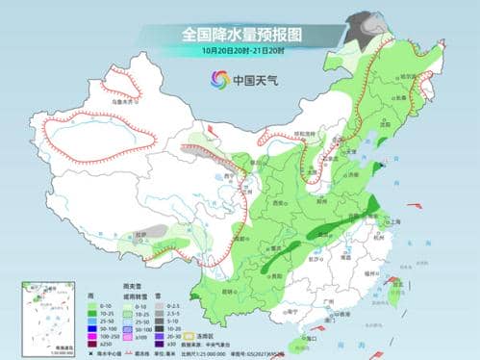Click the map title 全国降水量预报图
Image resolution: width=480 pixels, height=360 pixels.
240,34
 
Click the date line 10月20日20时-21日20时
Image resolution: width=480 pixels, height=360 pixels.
240,51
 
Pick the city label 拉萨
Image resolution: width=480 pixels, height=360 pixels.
142,232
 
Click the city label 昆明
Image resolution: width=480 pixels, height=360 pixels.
229,291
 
